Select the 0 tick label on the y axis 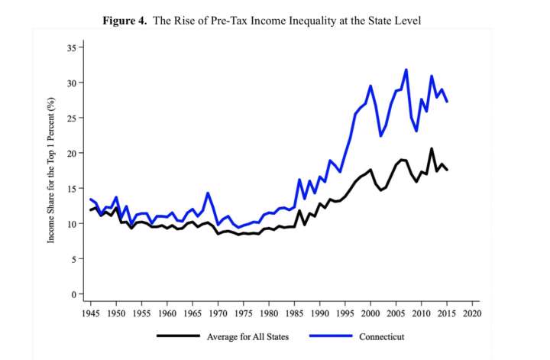tap(74, 294)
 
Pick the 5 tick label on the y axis tap(74, 259)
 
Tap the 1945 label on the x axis tap(91, 313)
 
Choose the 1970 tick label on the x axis tap(218, 313)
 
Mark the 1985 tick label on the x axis tap(294, 313)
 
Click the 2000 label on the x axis tap(370, 313)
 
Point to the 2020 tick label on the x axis tap(472, 313)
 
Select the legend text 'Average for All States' tap(248, 336)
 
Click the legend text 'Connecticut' tap(381, 336)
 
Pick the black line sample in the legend tap(180, 336)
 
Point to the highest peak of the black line tap(432, 148)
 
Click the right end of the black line tap(447, 170)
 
